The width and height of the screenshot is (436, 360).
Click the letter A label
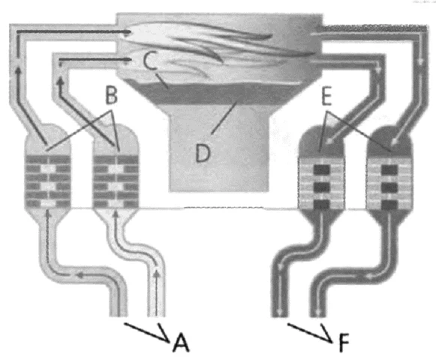point(181,342)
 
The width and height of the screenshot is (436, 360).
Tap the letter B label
point(112,95)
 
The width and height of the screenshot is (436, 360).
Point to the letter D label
point(203,153)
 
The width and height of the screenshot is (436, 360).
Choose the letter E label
point(326,96)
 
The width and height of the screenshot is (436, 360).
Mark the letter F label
point(344,343)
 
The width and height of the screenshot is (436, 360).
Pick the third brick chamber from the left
point(321,184)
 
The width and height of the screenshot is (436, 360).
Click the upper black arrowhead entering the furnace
point(128,31)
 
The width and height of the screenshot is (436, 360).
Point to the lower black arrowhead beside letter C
point(128,59)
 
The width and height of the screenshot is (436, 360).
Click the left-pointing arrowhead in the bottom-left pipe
point(80,275)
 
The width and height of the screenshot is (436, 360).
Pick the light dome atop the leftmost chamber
point(47,140)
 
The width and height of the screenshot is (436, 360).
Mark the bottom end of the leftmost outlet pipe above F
point(280,316)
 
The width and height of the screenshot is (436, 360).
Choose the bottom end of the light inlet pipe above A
point(157,315)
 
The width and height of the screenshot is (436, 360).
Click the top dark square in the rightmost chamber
point(389,169)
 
